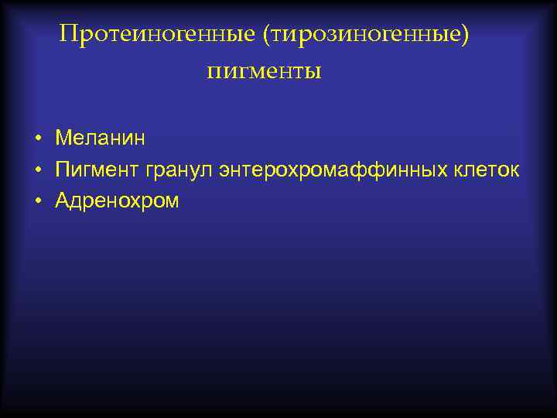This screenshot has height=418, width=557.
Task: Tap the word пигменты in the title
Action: click(264, 72)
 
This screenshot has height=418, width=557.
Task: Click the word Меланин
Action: click(100, 139)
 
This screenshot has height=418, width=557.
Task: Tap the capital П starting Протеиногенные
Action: click(68, 35)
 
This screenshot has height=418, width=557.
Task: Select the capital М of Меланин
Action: click(63, 139)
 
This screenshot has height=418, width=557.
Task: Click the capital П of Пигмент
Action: click(62, 170)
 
